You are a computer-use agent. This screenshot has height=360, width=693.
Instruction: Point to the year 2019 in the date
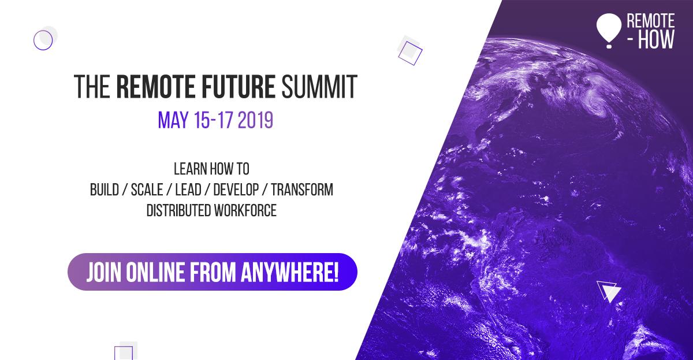(x=251, y=121)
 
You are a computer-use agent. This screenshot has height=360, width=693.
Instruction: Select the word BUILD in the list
(x=105, y=190)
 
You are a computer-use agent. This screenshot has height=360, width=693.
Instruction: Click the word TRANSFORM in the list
(x=301, y=190)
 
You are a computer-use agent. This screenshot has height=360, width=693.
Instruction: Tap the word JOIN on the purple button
(x=104, y=271)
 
